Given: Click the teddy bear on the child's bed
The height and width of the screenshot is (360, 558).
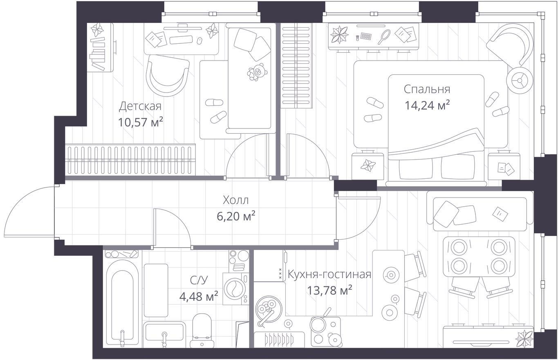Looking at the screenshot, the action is click(x=257, y=72).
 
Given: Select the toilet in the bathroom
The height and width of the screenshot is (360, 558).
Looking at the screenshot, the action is click(x=202, y=330).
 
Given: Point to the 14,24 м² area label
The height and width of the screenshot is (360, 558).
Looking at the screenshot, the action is click(x=427, y=105).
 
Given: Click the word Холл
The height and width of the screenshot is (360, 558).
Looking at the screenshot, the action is click(x=235, y=200).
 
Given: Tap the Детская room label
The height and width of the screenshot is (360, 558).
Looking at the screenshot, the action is click(x=140, y=106).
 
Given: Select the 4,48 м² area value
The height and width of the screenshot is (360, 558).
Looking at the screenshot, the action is click(x=199, y=297).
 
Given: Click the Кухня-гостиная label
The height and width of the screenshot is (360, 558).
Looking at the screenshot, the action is click(x=329, y=274).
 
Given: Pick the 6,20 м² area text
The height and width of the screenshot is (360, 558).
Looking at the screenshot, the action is click(x=235, y=216).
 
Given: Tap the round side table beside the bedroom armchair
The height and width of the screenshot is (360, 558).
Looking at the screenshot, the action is click(x=520, y=80).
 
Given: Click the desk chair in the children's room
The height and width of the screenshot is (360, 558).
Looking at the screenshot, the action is click(x=168, y=76).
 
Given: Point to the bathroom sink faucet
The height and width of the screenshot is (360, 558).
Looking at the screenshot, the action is click(x=164, y=339).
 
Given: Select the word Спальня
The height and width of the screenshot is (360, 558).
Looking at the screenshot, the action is click(x=427, y=89).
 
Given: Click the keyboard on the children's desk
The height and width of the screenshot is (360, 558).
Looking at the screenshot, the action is click(x=181, y=40).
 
